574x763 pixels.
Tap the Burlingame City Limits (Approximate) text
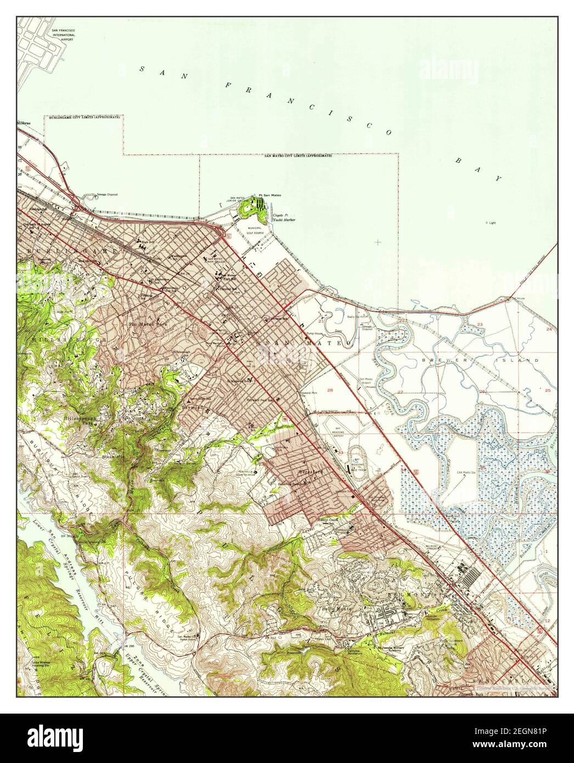click(x=83, y=118)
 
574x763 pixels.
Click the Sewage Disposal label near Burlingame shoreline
click(x=108, y=195)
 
